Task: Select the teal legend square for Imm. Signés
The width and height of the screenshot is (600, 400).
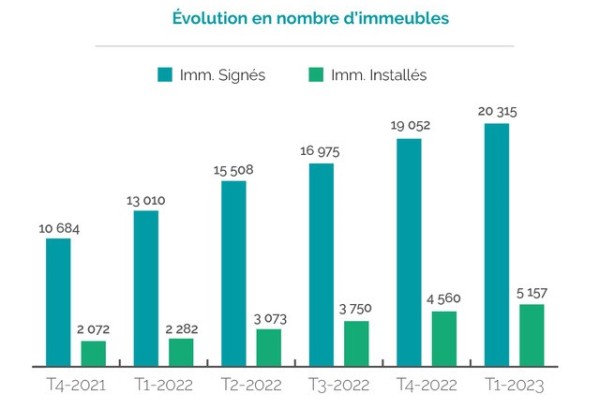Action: pos(166,75)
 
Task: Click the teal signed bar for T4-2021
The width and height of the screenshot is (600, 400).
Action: pos(59,302)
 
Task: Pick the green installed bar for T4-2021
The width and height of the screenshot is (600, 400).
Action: pos(93,353)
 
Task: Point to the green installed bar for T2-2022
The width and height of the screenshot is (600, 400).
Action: pos(269,346)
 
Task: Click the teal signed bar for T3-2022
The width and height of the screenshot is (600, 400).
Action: pos(321,264)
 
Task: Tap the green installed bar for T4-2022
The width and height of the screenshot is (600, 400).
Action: pos(444,338)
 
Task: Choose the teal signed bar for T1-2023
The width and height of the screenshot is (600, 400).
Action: pos(497,244)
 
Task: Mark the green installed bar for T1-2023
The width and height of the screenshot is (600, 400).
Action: pos(532,334)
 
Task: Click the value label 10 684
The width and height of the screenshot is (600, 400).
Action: pos(58,229)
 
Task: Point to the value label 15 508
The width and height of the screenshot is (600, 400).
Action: pos(233,170)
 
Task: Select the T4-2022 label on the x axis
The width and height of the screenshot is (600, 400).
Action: pos(426,384)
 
